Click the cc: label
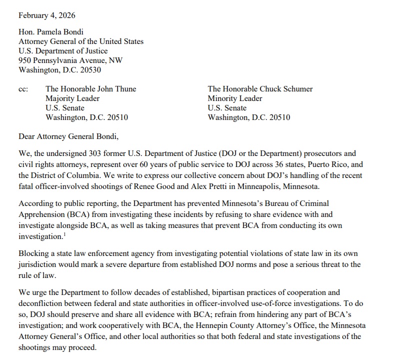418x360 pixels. (x=23, y=89)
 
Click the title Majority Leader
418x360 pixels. (x=72, y=98)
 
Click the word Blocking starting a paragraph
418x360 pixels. (x=33, y=254)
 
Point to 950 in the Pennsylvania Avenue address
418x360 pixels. (x=25, y=60)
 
